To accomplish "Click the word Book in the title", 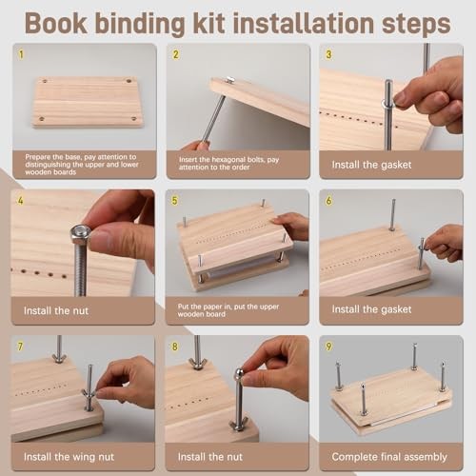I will (63, 21).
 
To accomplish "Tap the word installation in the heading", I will (310, 21).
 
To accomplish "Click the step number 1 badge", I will (21, 54).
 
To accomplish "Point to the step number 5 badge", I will (174, 201).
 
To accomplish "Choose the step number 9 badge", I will (328, 347).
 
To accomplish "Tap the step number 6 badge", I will (328, 201).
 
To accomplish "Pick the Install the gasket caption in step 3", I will (374, 164).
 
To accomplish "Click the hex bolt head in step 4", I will (81, 232).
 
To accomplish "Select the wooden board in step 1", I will (88, 102).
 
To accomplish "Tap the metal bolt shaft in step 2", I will (215, 116).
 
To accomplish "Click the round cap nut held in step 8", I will (238, 376).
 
